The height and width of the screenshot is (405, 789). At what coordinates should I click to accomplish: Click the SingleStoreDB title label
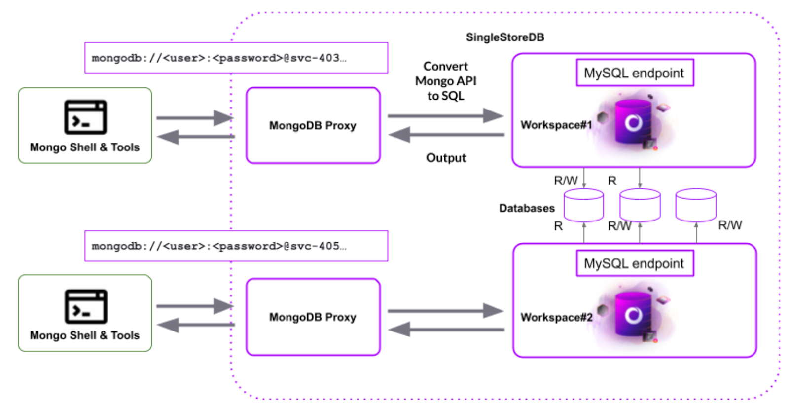click(x=504, y=37)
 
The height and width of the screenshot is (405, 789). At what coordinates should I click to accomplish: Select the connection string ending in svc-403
click(x=219, y=58)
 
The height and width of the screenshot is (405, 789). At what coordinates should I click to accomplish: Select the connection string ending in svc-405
click(x=219, y=246)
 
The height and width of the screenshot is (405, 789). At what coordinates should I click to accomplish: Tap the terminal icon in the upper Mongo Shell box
click(x=85, y=117)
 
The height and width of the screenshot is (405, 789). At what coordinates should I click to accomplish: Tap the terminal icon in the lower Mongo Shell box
click(x=85, y=306)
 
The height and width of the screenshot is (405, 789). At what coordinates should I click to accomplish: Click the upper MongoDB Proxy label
click(x=313, y=126)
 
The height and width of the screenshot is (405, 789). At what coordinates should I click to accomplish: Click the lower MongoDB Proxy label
click(x=313, y=317)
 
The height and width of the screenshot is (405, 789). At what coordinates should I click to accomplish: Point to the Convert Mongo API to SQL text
click(x=445, y=81)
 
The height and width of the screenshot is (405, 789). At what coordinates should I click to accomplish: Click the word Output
click(x=446, y=158)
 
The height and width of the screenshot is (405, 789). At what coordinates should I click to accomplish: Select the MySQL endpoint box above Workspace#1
click(x=634, y=73)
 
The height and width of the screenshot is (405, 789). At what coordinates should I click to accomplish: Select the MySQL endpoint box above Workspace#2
click(x=634, y=263)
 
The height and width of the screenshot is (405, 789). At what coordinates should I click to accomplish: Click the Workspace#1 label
click(x=556, y=125)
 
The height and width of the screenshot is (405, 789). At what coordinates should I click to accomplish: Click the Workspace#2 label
click(x=556, y=317)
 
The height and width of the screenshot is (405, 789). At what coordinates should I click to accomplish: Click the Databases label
click(x=527, y=208)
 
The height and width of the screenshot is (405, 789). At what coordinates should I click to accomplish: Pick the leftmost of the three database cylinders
click(x=583, y=205)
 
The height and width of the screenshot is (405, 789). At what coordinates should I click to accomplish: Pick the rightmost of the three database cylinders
click(x=695, y=205)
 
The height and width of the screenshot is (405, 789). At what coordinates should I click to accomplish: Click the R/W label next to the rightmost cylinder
click(x=730, y=225)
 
